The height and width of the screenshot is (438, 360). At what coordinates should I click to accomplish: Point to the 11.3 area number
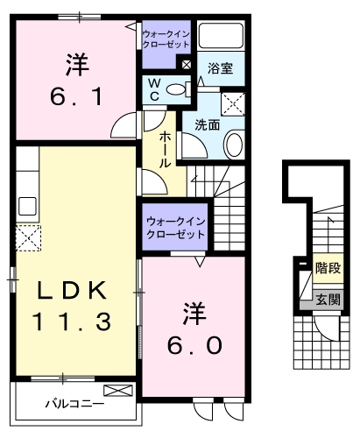click(x=74, y=321)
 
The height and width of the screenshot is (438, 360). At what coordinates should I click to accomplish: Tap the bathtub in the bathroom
click(x=220, y=36)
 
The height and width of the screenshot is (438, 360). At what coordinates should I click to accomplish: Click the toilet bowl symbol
click(x=179, y=88)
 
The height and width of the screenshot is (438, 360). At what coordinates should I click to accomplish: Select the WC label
click(x=154, y=88)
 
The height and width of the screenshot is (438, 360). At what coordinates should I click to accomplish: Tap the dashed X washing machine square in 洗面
click(x=233, y=104)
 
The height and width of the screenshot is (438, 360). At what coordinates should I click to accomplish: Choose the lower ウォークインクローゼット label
click(x=174, y=228)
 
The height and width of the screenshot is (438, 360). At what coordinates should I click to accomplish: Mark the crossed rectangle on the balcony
click(x=116, y=391)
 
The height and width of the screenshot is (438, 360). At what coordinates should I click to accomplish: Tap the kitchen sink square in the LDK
click(x=27, y=207)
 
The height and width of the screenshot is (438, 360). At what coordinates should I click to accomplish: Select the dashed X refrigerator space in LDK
click(x=27, y=237)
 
